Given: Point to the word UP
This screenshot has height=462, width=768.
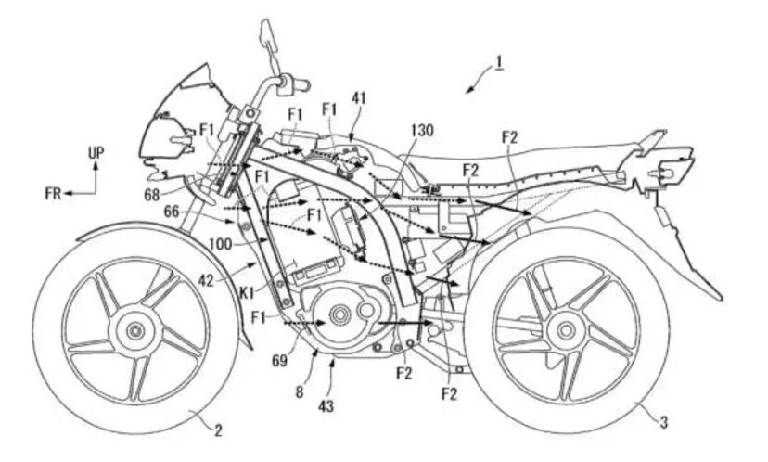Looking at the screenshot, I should pyautogui.click(x=96, y=151).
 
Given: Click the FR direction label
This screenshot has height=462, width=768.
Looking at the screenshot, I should pyautogui.click(x=54, y=193).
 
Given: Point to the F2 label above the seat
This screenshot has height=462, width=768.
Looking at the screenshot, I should pyautogui.click(x=508, y=137).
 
